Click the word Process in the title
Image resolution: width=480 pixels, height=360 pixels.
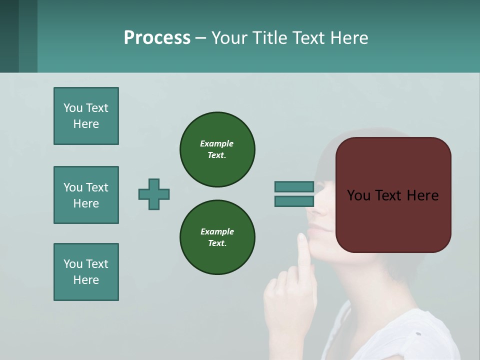click(157, 38)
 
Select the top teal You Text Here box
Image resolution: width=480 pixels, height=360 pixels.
click(86, 116)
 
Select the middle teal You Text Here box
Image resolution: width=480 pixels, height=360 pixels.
click(86, 195)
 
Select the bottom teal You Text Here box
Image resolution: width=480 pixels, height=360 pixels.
click(86, 272)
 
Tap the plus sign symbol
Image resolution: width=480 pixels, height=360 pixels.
click(154, 194)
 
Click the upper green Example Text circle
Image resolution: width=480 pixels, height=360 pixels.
click(217, 149)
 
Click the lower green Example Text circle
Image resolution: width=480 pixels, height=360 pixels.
click(217, 237)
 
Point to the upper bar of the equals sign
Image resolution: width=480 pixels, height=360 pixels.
click(294, 186)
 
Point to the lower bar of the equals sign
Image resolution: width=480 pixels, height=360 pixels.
click(294, 201)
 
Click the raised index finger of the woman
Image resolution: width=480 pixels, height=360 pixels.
click(302, 250)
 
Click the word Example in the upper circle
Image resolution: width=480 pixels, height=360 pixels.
click(217, 143)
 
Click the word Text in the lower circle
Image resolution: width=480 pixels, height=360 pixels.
click(217, 243)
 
